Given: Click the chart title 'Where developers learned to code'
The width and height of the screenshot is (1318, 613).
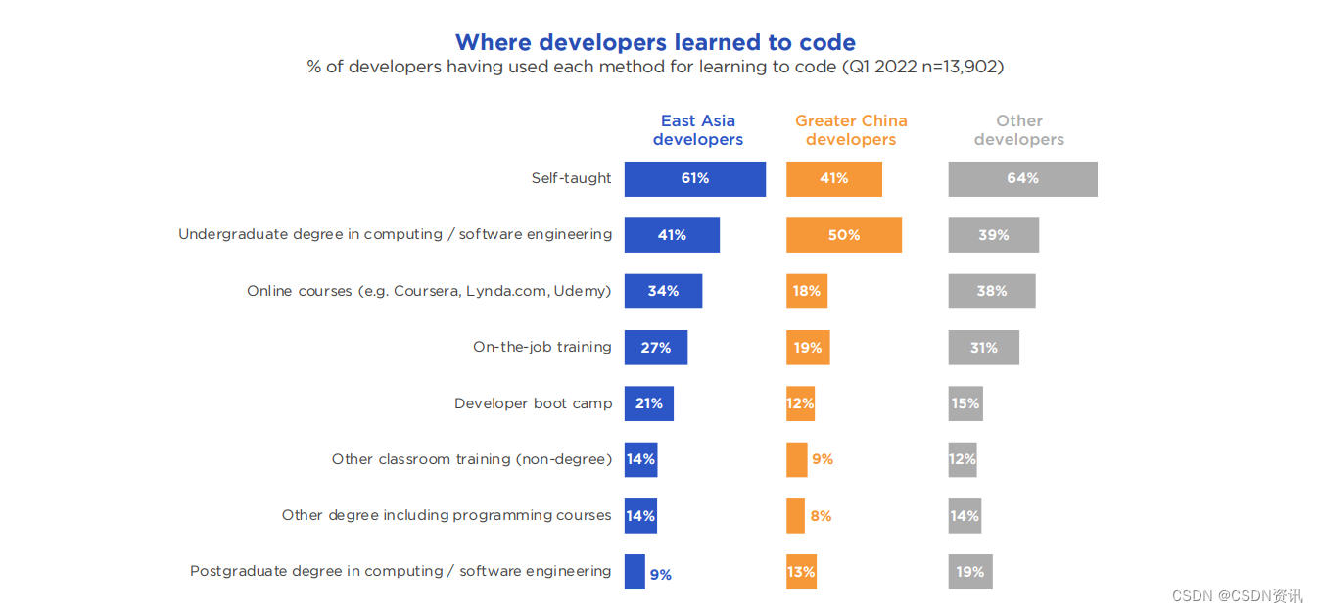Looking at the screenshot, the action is coord(655,42).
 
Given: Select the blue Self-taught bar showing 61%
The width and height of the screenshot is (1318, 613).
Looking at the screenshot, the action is coord(695,179).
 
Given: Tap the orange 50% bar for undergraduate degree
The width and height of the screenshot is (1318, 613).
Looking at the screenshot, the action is coord(844,235).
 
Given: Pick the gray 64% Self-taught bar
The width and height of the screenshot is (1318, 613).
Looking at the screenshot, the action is coord(1022,179).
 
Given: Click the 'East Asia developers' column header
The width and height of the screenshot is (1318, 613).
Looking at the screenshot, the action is coord(698,130).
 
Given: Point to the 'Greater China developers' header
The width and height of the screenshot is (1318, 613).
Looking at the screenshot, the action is coord(851,130).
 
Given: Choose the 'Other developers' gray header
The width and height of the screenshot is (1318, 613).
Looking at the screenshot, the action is coord(1019,130).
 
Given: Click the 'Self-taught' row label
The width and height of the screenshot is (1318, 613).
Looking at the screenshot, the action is coord(571,178).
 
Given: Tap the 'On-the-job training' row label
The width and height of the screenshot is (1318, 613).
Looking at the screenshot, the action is coord(541,347).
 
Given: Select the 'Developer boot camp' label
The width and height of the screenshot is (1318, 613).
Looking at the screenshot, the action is coord(533,403).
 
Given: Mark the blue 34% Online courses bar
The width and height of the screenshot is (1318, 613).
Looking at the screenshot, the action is coord(663,291).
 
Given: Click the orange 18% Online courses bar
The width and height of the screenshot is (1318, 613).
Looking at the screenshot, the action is coord(807,291).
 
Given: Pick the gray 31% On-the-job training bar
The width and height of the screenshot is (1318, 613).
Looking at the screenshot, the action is coord(983,347).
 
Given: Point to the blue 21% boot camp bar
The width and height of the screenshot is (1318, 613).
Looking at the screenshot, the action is coord(649,403).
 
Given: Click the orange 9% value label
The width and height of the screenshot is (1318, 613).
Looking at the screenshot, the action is coord(823,459).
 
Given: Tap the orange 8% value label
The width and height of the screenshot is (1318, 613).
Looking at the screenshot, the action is coord(821,516).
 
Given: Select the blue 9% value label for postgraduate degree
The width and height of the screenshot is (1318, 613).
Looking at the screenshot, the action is coord(661,574).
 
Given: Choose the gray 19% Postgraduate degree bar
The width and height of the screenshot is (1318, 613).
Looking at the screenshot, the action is coord(970,571).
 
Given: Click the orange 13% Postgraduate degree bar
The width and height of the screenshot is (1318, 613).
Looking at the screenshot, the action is coord(801,571).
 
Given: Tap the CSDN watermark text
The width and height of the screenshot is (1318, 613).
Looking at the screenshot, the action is coord(1238,596).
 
